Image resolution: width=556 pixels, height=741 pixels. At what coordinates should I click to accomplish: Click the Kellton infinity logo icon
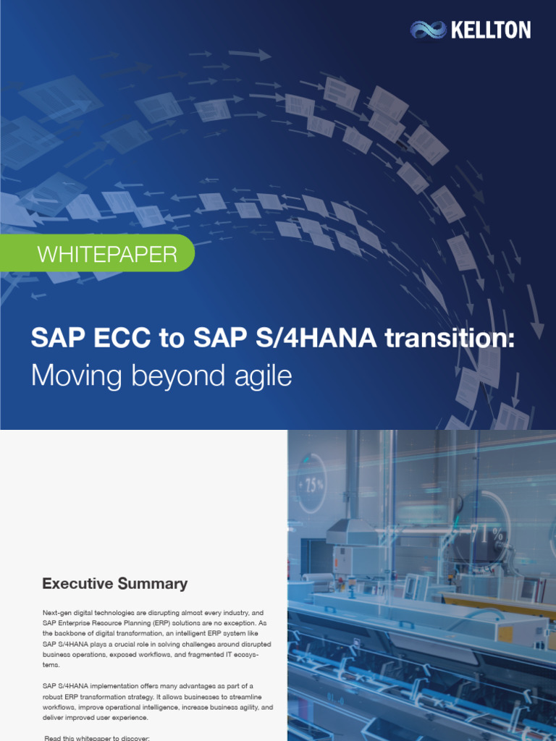(428, 30)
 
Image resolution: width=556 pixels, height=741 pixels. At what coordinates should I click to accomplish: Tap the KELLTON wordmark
(490, 30)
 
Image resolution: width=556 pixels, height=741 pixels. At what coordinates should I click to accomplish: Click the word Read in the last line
(53, 737)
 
